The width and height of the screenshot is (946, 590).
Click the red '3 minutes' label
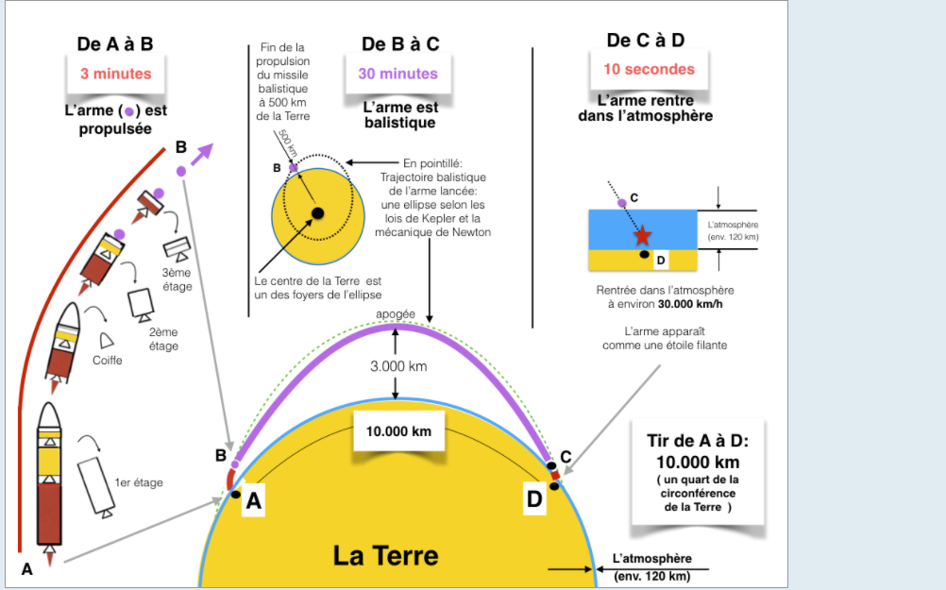115,74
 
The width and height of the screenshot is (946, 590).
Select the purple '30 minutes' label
397,74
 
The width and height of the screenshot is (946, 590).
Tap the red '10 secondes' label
649,69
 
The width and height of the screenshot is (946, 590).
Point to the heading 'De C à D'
646,40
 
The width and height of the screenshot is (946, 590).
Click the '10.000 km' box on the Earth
398,431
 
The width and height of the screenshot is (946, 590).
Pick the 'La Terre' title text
385,554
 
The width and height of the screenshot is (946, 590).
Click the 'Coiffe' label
107,360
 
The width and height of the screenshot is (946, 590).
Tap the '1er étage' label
138,482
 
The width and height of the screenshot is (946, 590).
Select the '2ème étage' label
163,339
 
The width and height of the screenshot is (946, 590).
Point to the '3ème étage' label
177,279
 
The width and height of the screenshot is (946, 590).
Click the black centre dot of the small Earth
318,212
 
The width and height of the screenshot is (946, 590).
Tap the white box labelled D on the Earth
534,499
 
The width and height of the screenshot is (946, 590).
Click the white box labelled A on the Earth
253,502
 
